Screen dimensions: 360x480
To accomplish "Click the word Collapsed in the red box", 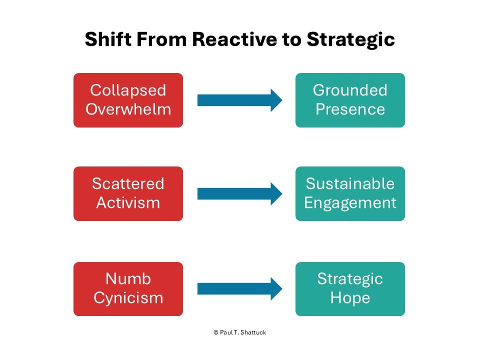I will [x=128, y=90].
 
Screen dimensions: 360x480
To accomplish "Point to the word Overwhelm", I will [x=128, y=109].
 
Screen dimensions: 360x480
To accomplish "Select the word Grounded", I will [x=350, y=90].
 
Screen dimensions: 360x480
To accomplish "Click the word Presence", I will [x=350, y=109].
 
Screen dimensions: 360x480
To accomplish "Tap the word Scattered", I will [x=128, y=184].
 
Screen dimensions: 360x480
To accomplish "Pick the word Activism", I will [x=128, y=203].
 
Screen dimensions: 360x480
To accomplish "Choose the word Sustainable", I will [x=350, y=184].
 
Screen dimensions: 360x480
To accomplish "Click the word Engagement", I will [x=350, y=203].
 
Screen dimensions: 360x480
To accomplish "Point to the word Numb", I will [x=128, y=278].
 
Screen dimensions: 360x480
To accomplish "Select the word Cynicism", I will [x=128, y=297].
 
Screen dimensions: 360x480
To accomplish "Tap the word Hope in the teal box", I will [x=350, y=297].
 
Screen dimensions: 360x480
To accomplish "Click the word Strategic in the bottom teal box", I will [x=350, y=278].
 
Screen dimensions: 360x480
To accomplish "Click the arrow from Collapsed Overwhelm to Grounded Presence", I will [x=239, y=100].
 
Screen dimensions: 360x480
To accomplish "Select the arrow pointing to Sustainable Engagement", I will [x=239, y=194].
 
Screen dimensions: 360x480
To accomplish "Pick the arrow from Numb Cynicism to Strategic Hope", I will [x=239, y=288].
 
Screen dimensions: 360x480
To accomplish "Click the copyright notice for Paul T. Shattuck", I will [x=239, y=332].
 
